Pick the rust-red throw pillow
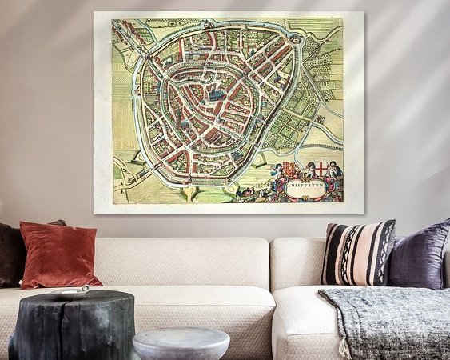coord(58,254)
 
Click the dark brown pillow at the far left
coord(11,254)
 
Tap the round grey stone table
coord(181,342)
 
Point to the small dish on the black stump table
coord(71,293)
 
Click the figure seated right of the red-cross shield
coord(337,170)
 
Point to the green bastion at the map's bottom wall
coord(189,192)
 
